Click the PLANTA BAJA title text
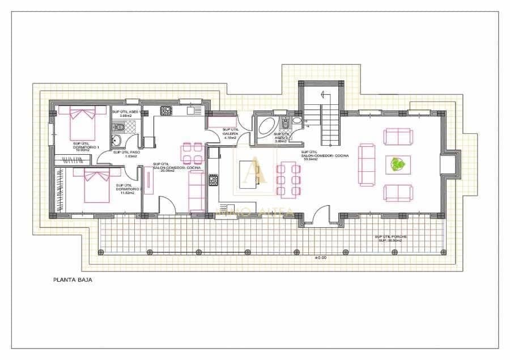click(x=73, y=279)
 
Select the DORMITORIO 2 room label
click(x=125, y=189)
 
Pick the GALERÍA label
click(x=230, y=133)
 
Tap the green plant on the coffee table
click(x=398, y=165)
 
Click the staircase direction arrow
click(x=324, y=94)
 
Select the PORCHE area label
click(x=390, y=239)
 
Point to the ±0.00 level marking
click(x=322, y=257)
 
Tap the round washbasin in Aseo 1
click(x=117, y=141)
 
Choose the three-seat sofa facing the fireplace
click(x=366, y=164)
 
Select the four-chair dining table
click(x=192, y=154)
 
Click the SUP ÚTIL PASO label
click(x=127, y=154)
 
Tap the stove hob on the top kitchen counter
click(x=166, y=110)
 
